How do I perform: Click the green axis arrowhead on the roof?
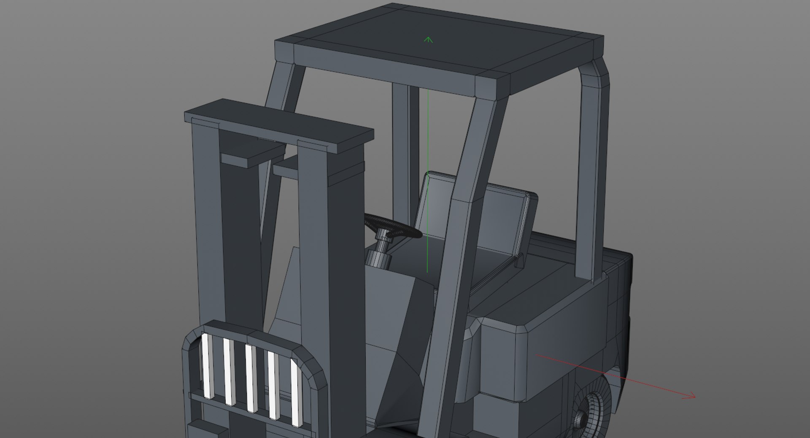pos(428,40)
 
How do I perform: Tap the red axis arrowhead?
pos(692,396)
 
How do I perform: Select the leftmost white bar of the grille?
pos(207,365)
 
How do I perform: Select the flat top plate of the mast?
pos(278,125)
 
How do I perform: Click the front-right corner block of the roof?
pos(493,85)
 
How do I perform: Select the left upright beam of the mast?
pos(207,219)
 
